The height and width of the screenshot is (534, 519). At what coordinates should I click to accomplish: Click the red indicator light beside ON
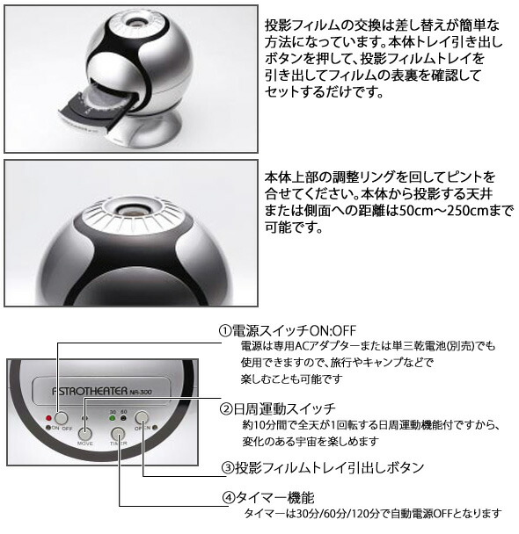click(x=48, y=418)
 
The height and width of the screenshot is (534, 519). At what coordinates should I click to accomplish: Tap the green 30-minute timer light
click(x=113, y=418)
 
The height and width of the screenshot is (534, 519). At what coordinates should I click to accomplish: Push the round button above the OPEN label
click(x=142, y=417)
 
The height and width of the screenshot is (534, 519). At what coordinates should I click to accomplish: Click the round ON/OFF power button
click(x=61, y=418)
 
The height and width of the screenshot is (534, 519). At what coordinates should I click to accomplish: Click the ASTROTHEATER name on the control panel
click(x=90, y=391)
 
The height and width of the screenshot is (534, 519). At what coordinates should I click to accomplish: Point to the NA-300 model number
click(x=141, y=392)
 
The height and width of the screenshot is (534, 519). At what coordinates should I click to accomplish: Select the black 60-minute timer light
click(x=123, y=418)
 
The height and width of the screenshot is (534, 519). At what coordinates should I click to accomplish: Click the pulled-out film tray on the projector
click(x=97, y=107)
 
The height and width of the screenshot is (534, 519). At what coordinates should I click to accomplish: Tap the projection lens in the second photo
click(x=130, y=210)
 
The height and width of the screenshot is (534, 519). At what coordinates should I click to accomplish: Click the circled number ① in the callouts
click(x=225, y=330)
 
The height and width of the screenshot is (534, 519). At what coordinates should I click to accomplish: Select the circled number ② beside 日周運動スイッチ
click(x=226, y=408)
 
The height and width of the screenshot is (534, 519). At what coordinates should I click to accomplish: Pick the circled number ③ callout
click(x=228, y=468)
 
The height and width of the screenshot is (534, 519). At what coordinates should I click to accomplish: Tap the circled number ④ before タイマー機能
click(x=229, y=498)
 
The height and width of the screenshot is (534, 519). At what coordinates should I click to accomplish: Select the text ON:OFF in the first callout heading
click(x=333, y=330)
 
